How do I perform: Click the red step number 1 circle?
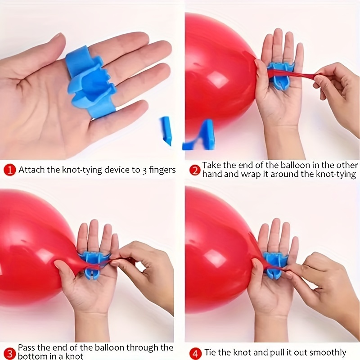pos(9,170)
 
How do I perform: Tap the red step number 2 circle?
pos(195,171)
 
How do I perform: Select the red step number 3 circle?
pos(9,354)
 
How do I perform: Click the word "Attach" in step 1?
pos(31,170)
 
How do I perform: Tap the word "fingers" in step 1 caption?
pos(162,171)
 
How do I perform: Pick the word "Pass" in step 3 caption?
pos(27,347)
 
